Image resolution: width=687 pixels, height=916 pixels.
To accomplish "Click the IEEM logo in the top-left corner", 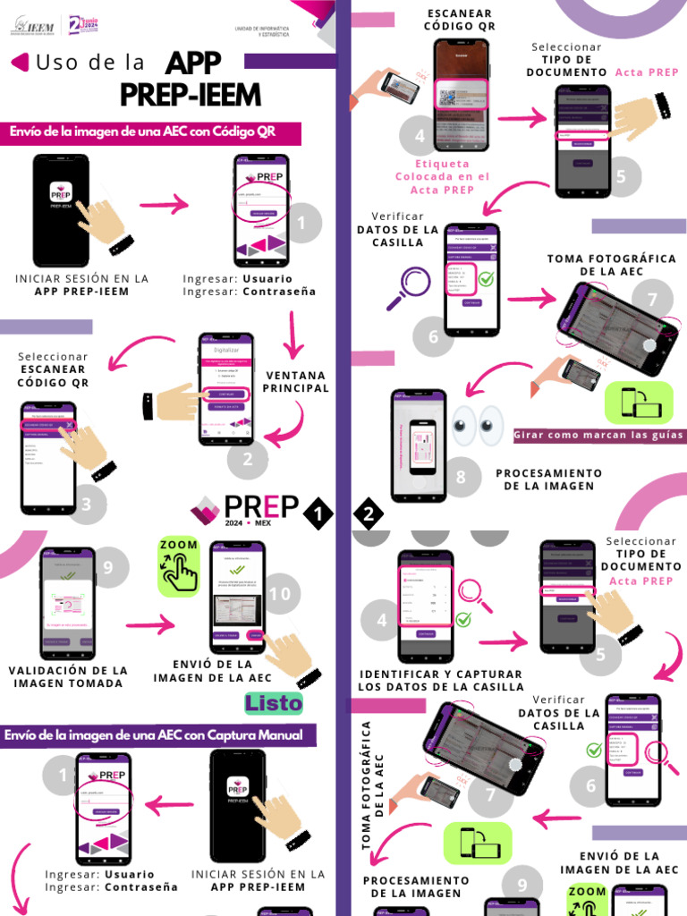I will pos(33,27).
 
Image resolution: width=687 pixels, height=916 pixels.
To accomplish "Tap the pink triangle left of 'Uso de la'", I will pos(19,62).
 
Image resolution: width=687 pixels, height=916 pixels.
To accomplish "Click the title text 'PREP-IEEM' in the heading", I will pos(191,94).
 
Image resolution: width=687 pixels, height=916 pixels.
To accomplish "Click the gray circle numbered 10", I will pos(280,594).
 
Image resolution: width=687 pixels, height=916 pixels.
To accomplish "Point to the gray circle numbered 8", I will pos(461,477).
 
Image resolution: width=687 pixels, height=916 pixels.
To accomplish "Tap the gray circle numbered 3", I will pos(87,505).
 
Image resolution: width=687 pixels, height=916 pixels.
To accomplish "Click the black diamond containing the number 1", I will pos(318,513).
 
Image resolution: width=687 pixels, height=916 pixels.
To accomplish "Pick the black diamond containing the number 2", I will pos(369,513).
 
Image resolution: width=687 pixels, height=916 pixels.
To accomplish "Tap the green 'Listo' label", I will pos(274,703).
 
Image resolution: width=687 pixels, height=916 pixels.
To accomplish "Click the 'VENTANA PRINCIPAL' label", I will pos(296,382).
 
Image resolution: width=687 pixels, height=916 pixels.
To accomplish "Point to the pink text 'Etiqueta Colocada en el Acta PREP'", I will pos(442,177).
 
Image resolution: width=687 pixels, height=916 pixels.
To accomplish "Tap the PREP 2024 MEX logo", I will pos(244,511).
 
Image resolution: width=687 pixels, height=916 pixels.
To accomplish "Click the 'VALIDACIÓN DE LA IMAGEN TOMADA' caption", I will pos(68,676).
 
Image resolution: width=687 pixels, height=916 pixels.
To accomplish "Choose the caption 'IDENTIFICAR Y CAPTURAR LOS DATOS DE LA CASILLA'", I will pos(441,681).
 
